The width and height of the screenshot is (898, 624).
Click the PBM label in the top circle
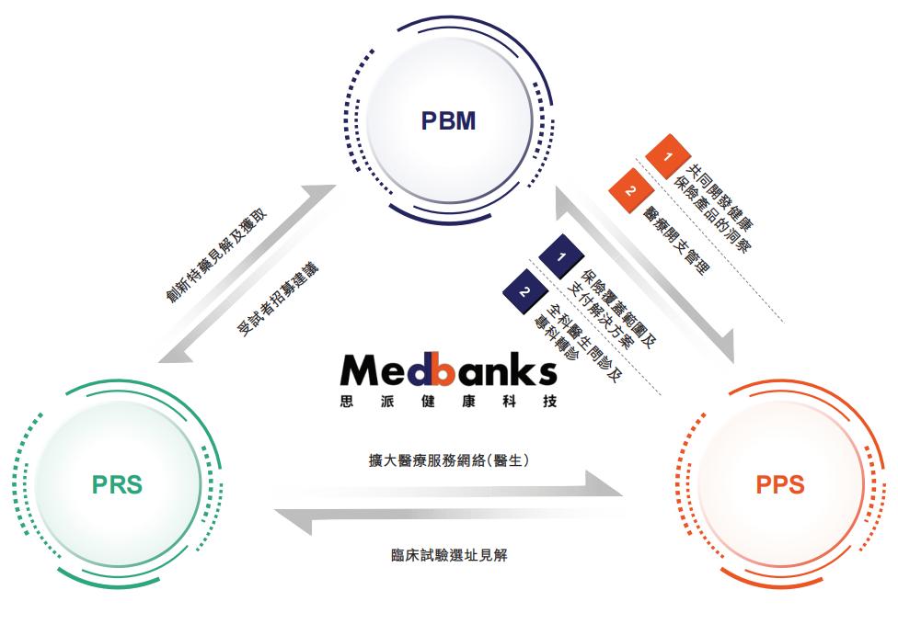(448, 120)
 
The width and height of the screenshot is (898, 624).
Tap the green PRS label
(117, 484)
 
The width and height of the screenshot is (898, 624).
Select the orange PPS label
(780, 484)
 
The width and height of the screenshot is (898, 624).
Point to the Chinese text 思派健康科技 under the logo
(448, 401)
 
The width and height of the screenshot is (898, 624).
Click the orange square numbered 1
(668, 155)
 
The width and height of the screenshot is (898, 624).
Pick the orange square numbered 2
(630, 190)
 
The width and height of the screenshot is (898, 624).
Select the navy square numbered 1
(561, 256)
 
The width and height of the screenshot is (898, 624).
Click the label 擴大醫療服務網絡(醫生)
(448, 460)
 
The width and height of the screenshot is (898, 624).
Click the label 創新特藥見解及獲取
(216, 256)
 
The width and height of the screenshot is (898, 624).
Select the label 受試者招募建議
(278, 300)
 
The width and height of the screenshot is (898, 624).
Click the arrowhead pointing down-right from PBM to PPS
(723, 346)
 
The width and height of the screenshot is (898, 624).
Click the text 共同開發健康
(720, 196)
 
